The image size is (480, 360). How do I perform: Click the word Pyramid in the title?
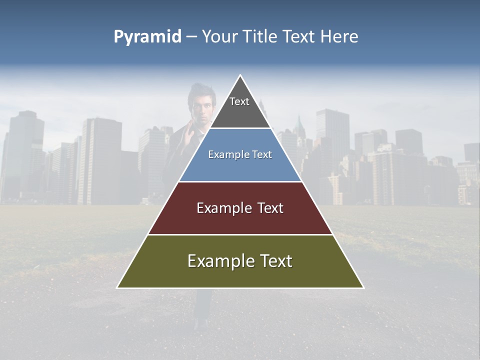click(x=147, y=37)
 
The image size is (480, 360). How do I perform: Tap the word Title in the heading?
click(x=258, y=37)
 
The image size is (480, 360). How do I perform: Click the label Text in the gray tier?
click(x=239, y=101)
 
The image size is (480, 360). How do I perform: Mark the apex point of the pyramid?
click(x=240, y=75)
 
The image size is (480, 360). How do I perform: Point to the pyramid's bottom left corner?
click(x=117, y=287)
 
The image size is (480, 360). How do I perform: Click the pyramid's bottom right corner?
click(x=363, y=287)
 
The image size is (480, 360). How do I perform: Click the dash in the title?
click(x=191, y=37)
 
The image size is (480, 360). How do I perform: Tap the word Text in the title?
click(x=299, y=37)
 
